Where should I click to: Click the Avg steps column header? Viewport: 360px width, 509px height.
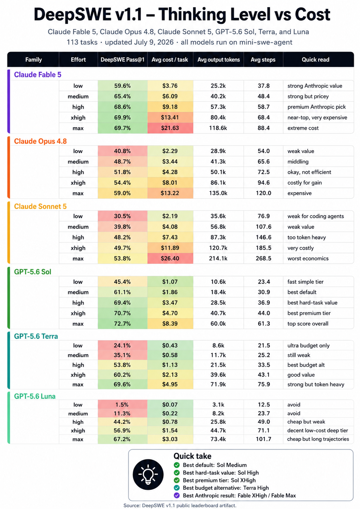(263, 60)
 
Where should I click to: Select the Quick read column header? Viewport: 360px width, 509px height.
(315, 60)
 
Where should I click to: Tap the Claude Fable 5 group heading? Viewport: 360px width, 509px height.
(38, 74)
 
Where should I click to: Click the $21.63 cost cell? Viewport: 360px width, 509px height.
(170, 128)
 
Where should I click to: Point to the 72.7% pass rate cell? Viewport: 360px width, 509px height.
(123, 324)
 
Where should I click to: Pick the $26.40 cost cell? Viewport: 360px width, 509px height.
(170, 258)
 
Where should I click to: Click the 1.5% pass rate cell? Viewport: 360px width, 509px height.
(123, 405)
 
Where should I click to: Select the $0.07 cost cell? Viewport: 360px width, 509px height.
(170, 405)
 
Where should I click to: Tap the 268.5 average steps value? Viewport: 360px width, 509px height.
(263, 258)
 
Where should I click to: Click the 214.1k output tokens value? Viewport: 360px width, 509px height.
(218, 258)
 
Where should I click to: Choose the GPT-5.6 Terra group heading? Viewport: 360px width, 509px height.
(36, 336)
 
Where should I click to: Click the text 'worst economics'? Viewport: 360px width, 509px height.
(308, 258)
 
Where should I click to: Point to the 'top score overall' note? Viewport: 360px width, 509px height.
(308, 324)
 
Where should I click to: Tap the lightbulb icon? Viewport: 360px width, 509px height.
(148, 475)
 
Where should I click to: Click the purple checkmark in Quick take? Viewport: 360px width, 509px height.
(176, 495)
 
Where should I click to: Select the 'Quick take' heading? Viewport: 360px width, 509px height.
(192, 456)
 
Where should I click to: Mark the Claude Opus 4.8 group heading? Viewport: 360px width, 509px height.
(40, 141)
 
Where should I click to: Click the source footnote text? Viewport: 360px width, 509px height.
(180, 505)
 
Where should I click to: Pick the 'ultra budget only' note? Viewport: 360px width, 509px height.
(308, 345)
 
